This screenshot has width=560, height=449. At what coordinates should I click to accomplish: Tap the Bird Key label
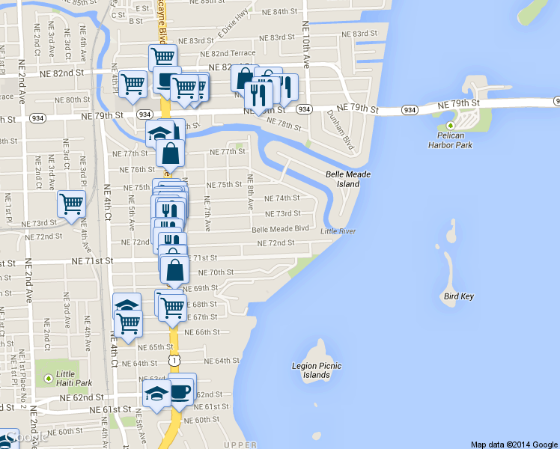(x=458, y=296)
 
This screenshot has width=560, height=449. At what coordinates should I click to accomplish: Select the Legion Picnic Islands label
(x=317, y=370)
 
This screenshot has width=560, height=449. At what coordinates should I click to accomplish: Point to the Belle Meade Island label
(x=348, y=179)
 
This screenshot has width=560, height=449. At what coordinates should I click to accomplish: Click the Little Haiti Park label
(x=74, y=379)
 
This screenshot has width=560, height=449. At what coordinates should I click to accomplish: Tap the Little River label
(x=338, y=231)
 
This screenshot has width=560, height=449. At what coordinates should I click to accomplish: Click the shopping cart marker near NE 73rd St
(x=72, y=204)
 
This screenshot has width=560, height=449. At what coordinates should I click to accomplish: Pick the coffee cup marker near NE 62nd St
(x=180, y=391)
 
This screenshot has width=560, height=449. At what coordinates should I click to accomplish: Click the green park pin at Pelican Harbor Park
(x=451, y=125)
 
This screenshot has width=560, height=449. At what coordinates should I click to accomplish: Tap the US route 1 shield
(x=174, y=361)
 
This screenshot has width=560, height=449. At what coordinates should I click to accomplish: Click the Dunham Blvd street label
(x=339, y=129)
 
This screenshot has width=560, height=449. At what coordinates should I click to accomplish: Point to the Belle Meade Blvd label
(x=281, y=229)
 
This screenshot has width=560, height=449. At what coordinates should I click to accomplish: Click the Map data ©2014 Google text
(x=513, y=444)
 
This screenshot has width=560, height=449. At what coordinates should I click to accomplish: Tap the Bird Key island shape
(x=454, y=262)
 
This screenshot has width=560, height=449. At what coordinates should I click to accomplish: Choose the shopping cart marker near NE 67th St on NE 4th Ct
(x=129, y=323)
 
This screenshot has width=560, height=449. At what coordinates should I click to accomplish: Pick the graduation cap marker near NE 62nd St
(x=156, y=394)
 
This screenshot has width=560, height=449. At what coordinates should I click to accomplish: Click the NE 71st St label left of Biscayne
(x=92, y=261)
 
